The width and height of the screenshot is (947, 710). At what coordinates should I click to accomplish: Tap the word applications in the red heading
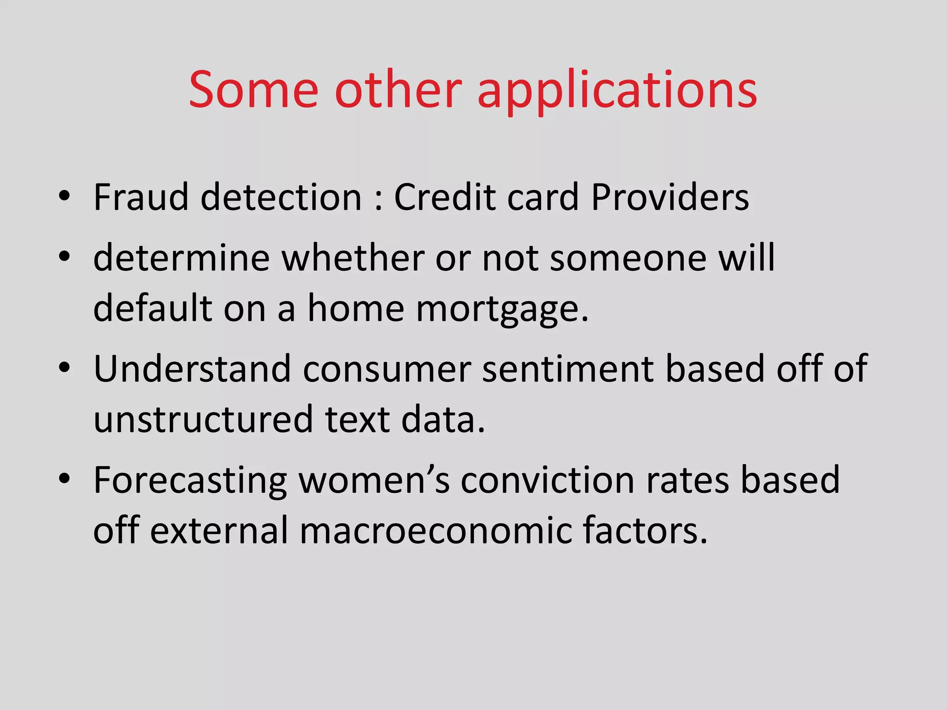617,90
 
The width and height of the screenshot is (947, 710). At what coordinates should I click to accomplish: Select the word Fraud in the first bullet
140,197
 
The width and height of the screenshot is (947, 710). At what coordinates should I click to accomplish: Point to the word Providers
670,197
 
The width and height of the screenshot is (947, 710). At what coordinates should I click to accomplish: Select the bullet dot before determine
64,256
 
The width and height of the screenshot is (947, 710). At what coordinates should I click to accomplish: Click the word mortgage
502,309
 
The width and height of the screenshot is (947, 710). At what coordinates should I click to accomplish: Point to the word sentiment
568,368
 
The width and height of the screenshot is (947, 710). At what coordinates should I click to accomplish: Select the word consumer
387,368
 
